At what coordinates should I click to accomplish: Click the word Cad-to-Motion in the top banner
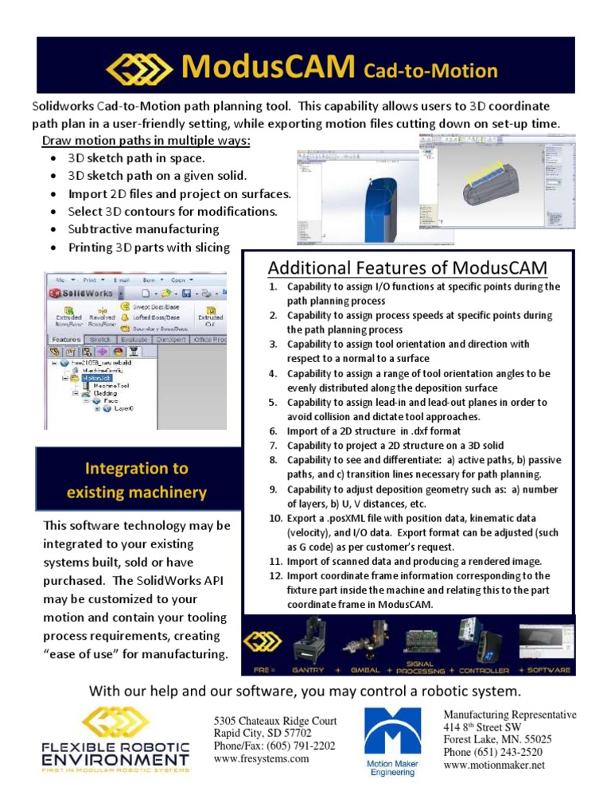[x=430, y=72]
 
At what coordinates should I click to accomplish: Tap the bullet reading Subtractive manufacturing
[x=143, y=229]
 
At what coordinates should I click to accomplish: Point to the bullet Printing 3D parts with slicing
[x=149, y=247]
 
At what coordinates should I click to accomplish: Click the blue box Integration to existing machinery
[x=137, y=481]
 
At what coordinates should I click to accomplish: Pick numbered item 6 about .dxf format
[x=362, y=431]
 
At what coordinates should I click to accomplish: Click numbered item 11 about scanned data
[x=414, y=560]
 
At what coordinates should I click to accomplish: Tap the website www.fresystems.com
[x=262, y=759]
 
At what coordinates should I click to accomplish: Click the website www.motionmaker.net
[x=493, y=765]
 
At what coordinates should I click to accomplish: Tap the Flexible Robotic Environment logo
[x=115, y=738]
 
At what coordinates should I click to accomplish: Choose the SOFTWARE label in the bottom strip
[x=548, y=670]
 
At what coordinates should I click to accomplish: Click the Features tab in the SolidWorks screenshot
[x=65, y=340]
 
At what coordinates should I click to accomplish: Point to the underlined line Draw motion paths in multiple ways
[x=146, y=141]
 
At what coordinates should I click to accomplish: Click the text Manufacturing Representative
[x=509, y=715]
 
